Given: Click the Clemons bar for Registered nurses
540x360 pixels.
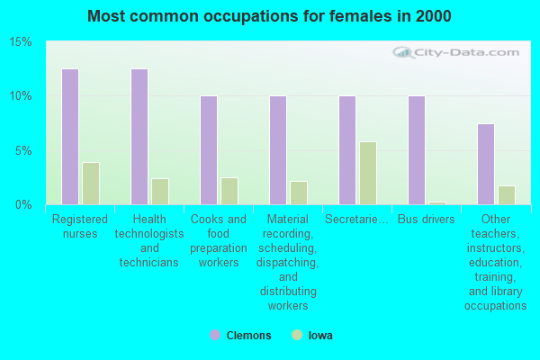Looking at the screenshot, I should point(69,137).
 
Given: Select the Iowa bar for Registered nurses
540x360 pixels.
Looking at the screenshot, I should point(91,184).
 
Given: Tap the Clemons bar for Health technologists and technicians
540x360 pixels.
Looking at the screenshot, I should point(139,137).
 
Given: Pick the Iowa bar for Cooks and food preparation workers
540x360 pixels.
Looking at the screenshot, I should point(229,191).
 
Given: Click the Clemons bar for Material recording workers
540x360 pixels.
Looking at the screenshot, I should point(278,150).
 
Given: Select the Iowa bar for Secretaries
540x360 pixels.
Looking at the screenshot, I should point(368,173).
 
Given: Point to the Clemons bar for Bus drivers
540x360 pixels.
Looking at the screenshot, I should point(417,150).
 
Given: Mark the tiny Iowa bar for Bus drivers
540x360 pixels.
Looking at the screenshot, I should point(437,203).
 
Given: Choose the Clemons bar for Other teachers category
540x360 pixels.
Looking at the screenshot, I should point(486,164).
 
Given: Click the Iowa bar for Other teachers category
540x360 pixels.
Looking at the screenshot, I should point(507,195).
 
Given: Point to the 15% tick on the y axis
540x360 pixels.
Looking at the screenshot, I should point(21,42).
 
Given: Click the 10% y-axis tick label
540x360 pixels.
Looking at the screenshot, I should point(21,96).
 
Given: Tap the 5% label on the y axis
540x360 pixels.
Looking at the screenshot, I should point(23,150).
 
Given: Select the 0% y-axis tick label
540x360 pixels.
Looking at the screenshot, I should point(23,205).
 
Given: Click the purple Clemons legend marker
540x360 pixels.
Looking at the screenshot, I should point(215,335).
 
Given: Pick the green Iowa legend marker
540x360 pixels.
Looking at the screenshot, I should point(297,335).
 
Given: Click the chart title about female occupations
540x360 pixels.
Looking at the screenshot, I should point(270,16).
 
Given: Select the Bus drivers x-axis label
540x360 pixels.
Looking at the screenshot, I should point(426,220).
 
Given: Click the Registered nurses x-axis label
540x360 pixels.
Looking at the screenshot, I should point(80,226).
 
